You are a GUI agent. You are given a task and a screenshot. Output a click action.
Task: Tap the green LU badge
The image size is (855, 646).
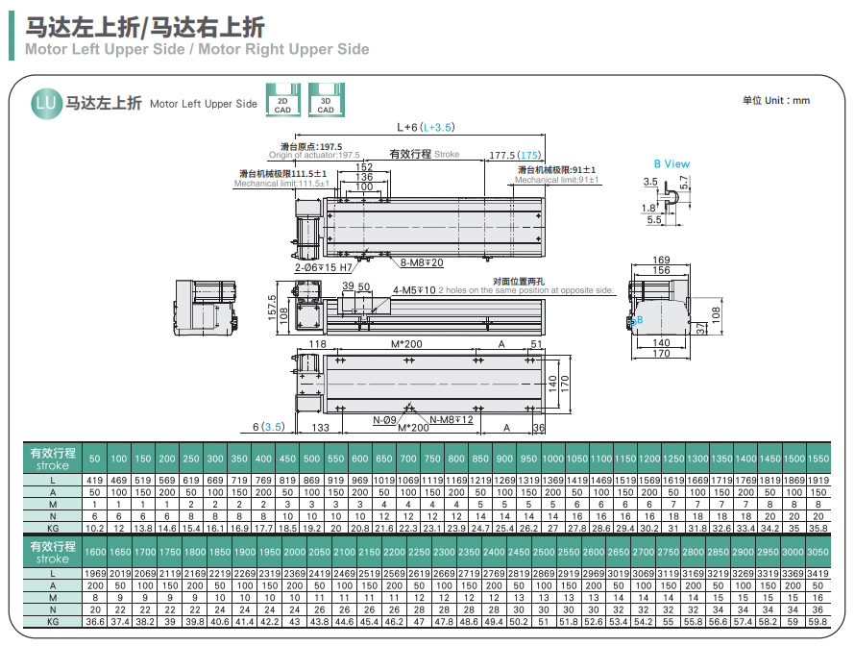point(44,102)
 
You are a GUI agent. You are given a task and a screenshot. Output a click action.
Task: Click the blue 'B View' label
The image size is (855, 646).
point(672,163)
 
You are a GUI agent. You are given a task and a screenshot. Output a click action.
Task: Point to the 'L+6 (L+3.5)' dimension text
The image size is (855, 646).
point(425,127)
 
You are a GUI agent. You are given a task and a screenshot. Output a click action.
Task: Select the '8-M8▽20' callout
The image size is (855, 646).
point(422,262)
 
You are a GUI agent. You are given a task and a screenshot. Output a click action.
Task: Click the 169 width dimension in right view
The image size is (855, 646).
point(661,260)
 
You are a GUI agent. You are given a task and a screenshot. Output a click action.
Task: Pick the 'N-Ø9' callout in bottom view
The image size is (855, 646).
point(384,420)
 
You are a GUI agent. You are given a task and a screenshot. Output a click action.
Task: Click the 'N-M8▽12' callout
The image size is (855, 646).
point(452,420)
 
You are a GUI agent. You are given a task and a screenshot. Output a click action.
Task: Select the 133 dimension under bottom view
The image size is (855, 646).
point(319,429)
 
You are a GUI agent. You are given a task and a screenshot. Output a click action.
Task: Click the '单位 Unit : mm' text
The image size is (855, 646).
point(775,100)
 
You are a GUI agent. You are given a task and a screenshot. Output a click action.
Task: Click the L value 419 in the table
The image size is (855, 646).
point(94,479)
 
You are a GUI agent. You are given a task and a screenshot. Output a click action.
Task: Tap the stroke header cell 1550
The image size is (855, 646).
point(818,459)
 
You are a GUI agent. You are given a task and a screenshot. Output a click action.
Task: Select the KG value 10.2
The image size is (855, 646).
point(94,528)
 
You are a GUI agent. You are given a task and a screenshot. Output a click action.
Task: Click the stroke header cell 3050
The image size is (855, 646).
point(818,553)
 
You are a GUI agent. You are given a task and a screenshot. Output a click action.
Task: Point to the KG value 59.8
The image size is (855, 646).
point(818,622)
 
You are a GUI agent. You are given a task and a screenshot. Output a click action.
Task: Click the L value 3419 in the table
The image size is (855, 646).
point(818,573)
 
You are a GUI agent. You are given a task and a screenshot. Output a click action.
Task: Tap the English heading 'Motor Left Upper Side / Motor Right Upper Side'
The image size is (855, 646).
point(197,49)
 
